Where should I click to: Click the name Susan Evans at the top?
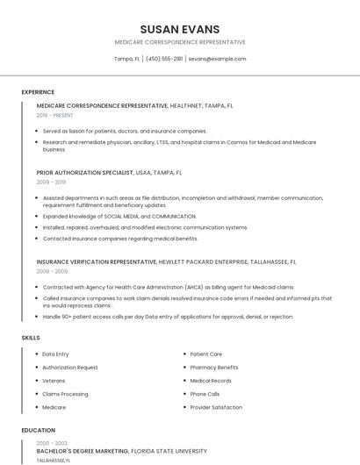180,29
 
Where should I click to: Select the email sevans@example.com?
217,59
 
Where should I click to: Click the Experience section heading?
38,92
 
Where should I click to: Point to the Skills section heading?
31,338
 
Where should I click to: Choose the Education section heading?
38,431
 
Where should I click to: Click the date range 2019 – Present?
55,115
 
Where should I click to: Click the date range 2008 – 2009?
52,271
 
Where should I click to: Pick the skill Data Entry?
55,354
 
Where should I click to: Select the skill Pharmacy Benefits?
214,368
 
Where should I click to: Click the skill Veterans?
54,381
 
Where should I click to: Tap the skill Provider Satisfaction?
216,408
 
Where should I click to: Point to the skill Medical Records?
211,381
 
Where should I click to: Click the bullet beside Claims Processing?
36,395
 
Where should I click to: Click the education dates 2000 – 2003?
52,443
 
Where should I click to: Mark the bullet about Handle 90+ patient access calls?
168,317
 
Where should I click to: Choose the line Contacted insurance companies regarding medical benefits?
120,239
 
